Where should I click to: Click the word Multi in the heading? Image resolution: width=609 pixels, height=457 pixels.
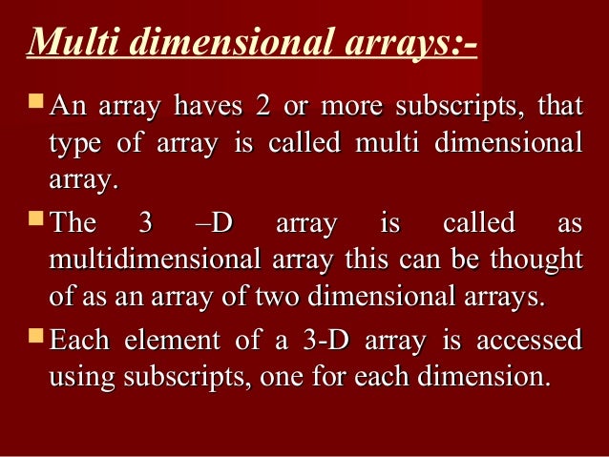(x=68, y=44)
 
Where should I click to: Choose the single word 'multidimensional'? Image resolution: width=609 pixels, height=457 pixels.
(x=151, y=260)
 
